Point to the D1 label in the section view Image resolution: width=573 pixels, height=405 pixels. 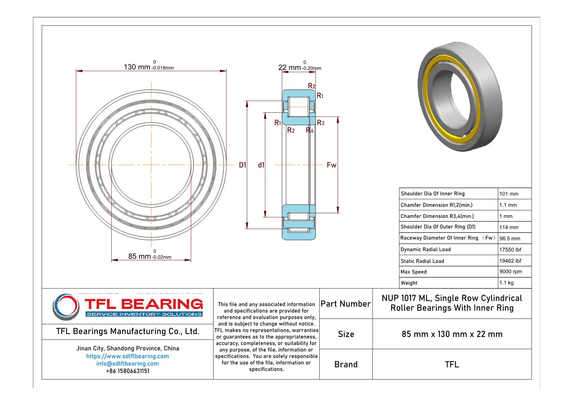242,165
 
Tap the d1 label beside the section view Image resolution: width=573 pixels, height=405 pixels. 261,165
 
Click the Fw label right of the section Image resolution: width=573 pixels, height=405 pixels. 331,165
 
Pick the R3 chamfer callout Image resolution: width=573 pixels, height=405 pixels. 321,123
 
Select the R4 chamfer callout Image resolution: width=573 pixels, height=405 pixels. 310,130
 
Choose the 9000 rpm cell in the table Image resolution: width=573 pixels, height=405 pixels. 510,271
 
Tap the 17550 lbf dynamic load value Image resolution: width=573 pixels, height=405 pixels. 510,250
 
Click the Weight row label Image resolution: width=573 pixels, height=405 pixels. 409,283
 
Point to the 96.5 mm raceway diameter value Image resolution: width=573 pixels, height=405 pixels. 510,238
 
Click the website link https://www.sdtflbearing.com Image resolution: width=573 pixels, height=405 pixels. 127,356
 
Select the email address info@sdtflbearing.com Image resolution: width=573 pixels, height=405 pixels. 127,364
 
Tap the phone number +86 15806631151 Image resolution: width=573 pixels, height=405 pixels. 127,371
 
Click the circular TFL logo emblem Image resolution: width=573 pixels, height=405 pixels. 66,307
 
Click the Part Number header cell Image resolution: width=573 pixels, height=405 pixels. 345,304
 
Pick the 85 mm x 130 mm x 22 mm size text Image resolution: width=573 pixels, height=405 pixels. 452,334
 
